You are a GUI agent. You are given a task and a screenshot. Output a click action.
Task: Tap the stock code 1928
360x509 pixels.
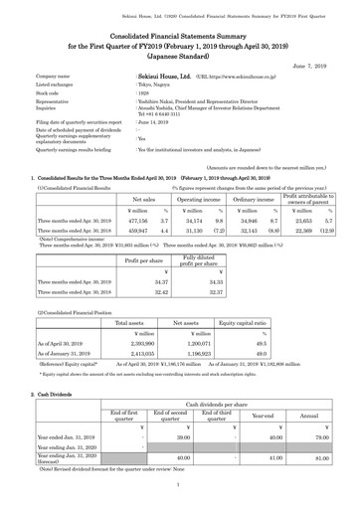tap(142, 93)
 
